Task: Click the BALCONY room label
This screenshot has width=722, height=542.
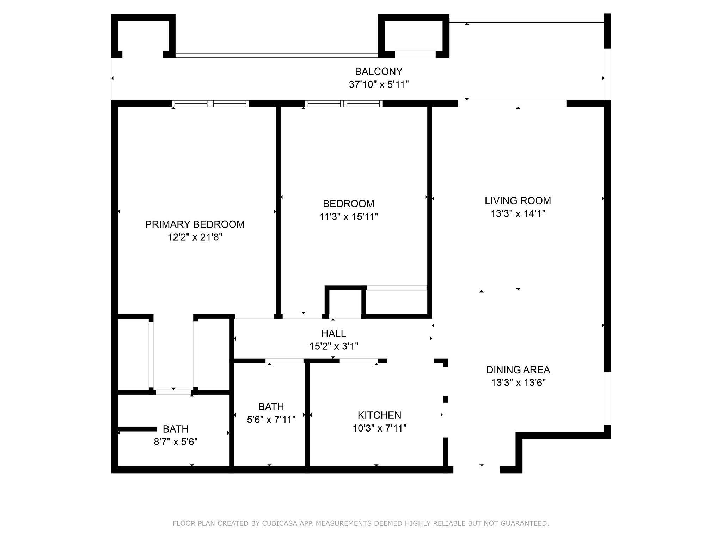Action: click(x=378, y=72)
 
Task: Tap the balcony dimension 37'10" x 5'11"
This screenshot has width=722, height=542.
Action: click(x=379, y=85)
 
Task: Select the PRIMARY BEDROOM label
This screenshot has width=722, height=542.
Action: click(x=195, y=224)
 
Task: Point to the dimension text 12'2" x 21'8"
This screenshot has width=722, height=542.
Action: click(x=195, y=237)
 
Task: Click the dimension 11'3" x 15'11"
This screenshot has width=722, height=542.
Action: click(x=349, y=217)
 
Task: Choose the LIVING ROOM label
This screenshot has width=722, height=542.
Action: click(x=518, y=201)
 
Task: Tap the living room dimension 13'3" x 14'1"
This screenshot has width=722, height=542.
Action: click(x=518, y=214)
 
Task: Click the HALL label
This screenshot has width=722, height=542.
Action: click(x=334, y=333)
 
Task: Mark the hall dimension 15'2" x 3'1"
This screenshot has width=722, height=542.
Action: click(x=334, y=347)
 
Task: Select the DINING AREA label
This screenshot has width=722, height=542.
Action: click(x=518, y=370)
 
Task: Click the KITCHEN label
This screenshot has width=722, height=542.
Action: click(x=379, y=415)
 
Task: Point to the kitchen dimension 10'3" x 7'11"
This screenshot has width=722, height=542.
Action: click(x=379, y=428)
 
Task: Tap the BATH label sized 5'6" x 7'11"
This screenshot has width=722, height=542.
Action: click(x=271, y=407)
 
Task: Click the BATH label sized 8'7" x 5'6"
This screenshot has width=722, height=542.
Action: click(x=176, y=429)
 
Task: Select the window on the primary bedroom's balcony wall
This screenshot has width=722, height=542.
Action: click(x=210, y=103)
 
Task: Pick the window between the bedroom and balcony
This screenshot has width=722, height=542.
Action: click(x=343, y=103)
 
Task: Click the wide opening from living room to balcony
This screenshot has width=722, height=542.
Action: click(x=512, y=103)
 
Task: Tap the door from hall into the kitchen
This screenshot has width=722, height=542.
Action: click(x=359, y=361)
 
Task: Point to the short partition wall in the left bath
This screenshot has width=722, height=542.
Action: click(x=137, y=429)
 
